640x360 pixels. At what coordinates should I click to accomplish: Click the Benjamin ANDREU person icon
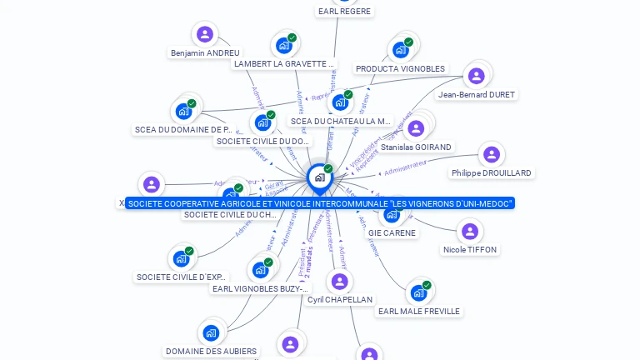[205, 34]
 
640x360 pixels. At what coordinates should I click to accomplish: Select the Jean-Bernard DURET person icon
[477, 76]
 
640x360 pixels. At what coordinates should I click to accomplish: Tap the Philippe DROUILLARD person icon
[492, 154]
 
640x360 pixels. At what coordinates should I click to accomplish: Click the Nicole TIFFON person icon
[470, 231]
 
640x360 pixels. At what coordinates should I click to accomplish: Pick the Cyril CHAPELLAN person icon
[339, 281]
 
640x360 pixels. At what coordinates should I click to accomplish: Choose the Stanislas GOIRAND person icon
[416, 127]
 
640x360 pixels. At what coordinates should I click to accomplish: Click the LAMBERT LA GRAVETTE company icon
[284, 45]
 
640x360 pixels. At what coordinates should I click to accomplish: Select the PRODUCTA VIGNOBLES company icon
[400, 50]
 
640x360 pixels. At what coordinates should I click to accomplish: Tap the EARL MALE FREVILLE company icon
[418, 292]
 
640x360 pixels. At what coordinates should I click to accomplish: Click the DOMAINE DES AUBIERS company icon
[211, 332]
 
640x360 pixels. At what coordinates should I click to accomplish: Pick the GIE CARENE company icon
[392, 214]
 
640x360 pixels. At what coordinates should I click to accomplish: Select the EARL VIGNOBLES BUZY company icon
[260, 270]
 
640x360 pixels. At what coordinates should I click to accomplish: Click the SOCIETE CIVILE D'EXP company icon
[181, 258]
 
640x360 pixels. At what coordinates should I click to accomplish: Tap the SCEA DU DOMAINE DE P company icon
[183, 111]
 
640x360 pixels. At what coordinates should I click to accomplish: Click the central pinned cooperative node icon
[319, 177]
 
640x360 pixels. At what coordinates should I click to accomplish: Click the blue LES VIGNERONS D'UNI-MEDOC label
[320, 203]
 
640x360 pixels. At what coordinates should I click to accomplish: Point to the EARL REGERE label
[344, 12]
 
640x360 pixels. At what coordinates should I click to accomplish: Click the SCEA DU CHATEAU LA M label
[341, 122]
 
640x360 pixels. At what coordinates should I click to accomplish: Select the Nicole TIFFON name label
[470, 250]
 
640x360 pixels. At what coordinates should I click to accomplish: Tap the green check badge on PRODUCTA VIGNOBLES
[408, 42]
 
